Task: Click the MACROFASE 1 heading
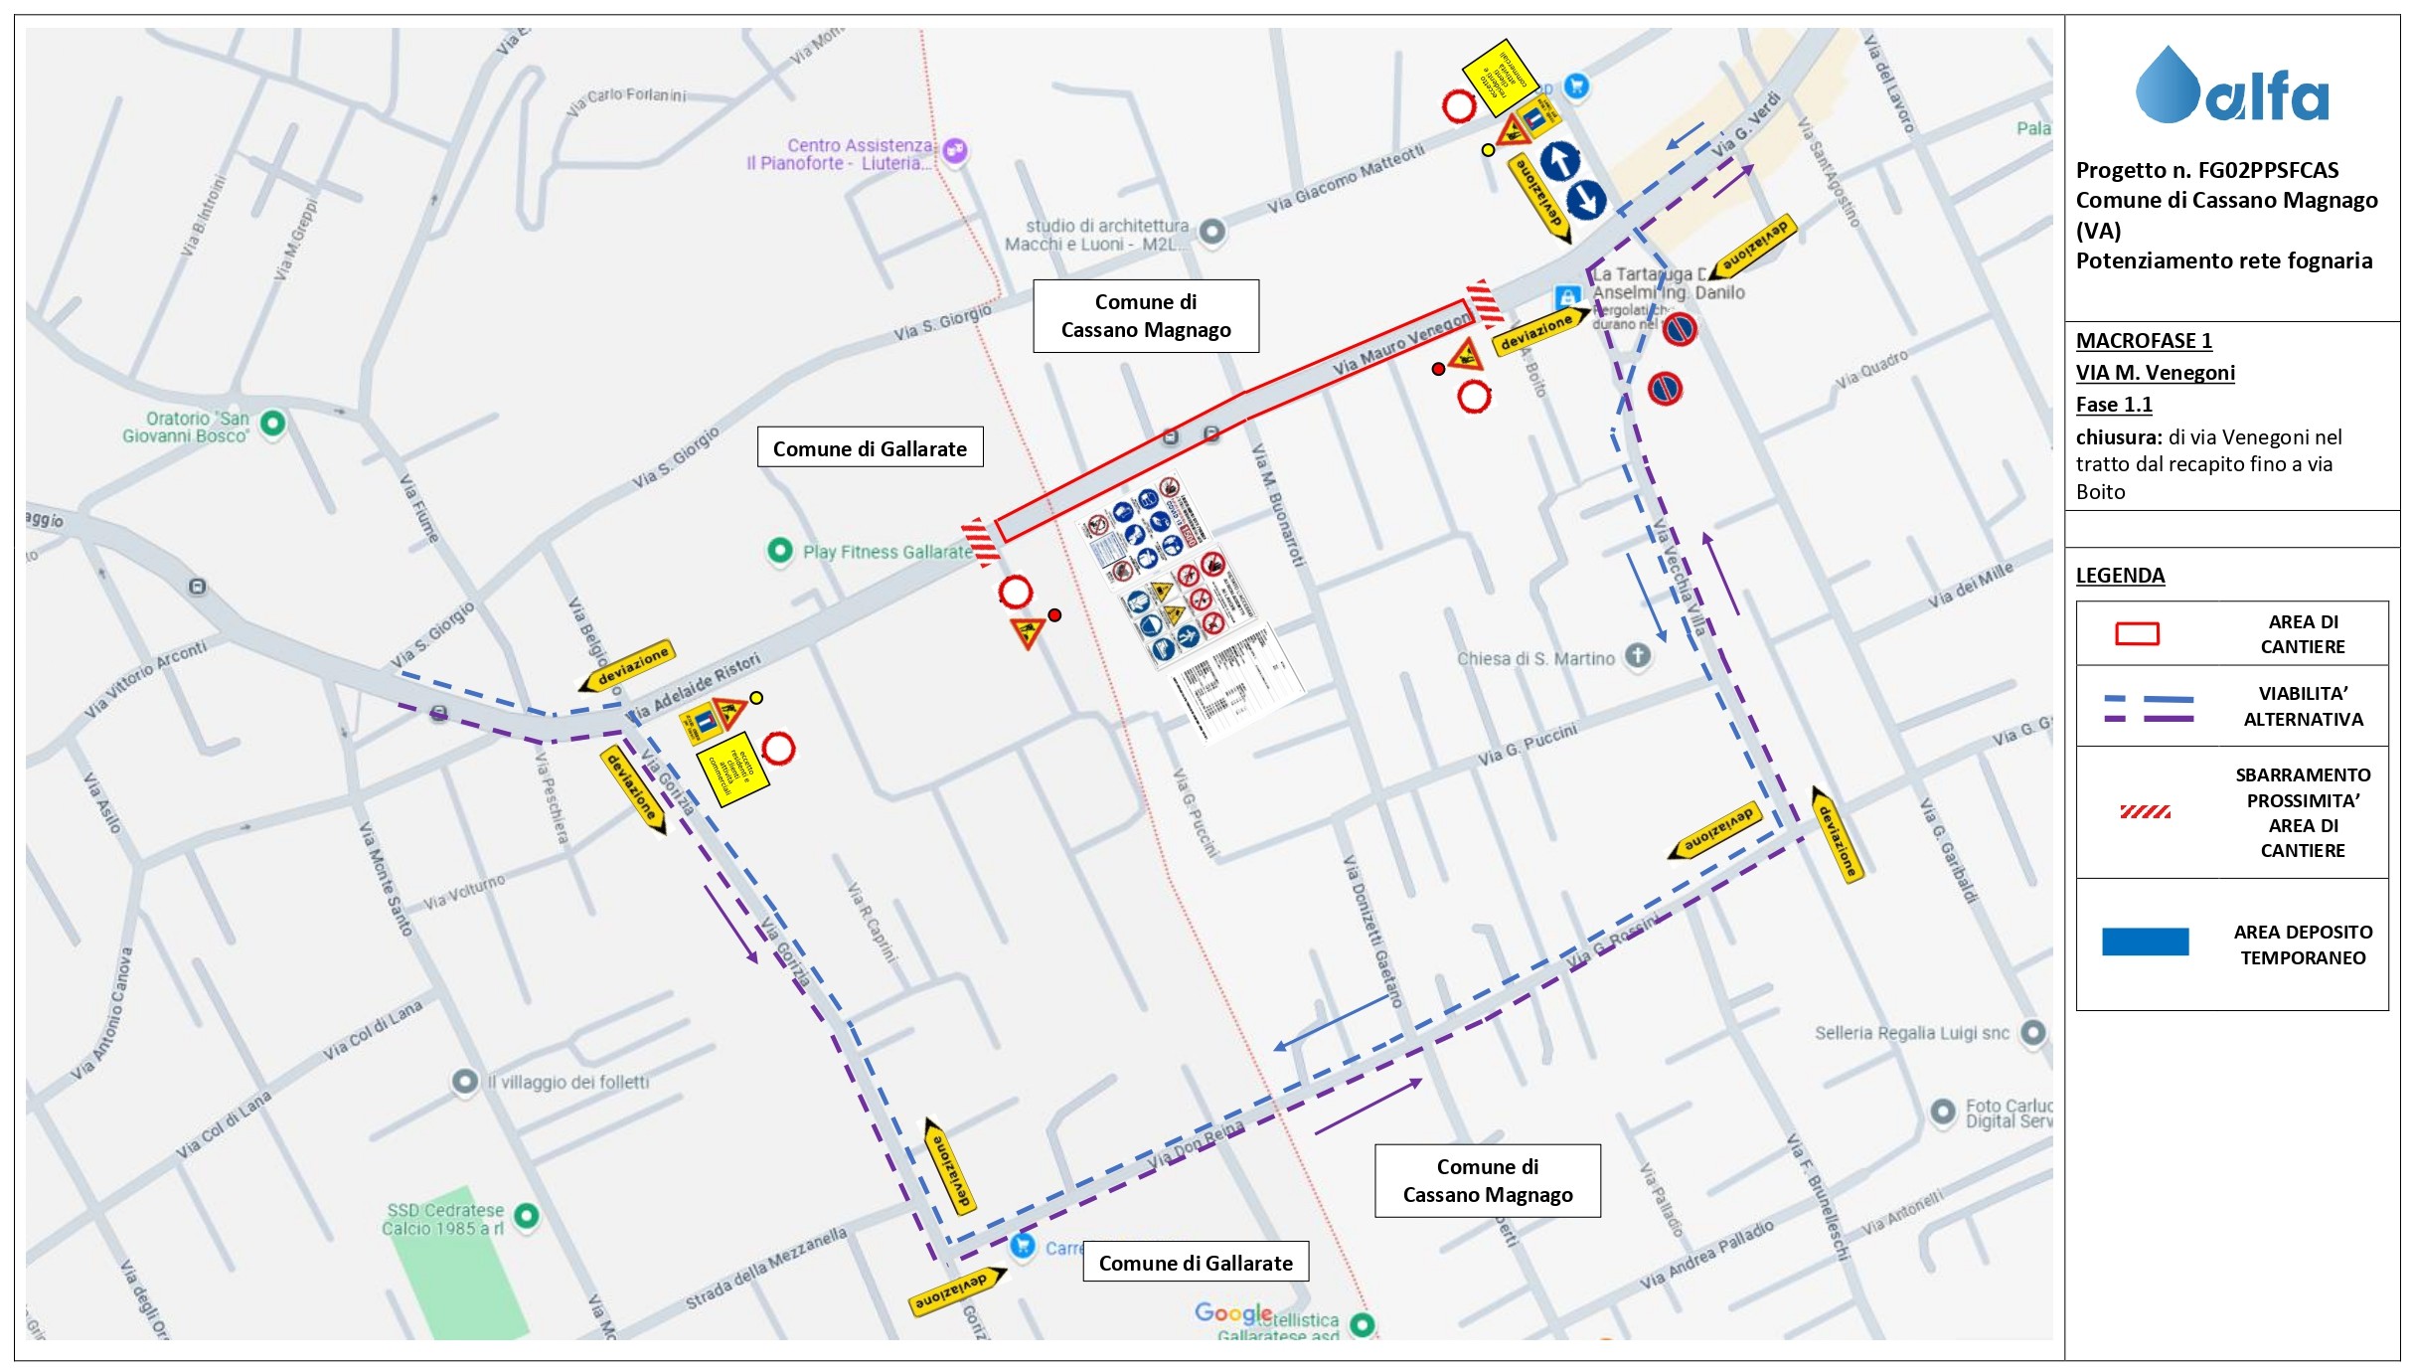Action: coord(2144,341)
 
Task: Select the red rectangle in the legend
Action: coord(2137,634)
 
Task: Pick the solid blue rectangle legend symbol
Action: coord(2145,942)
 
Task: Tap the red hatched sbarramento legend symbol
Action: coord(2145,812)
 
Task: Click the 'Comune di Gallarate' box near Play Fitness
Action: coord(870,448)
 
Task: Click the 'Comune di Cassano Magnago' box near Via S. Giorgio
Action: coord(1145,316)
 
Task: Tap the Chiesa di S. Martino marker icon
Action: coord(1637,655)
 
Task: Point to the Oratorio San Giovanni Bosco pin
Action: coord(272,424)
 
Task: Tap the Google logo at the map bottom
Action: coord(1232,1312)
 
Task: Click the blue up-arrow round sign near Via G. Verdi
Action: coord(1559,161)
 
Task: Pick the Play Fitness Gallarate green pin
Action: coord(780,550)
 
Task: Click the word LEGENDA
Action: coord(2120,576)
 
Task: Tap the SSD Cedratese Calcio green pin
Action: coord(527,1215)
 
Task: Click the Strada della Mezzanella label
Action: coord(765,1269)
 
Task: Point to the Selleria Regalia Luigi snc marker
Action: coord(2032,1032)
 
